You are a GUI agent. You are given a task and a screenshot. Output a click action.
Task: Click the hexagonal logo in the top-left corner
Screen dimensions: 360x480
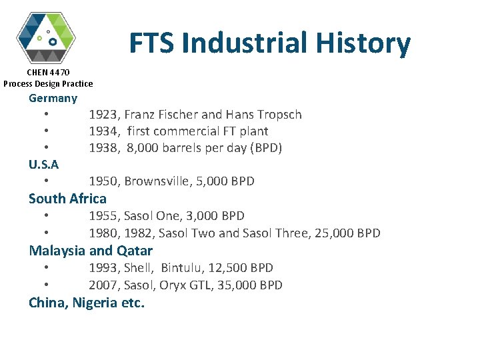pyautogui.click(x=46, y=37)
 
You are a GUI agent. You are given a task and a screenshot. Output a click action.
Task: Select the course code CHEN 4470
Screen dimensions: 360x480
pyautogui.click(x=48, y=72)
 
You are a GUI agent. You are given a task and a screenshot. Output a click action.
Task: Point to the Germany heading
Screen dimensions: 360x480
pyautogui.click(x=53, y=98)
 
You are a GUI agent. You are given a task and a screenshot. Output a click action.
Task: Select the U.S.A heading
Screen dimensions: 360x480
pyautogui.click(x=43, y=165)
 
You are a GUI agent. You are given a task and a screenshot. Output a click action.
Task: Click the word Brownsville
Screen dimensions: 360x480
pyautogui.click(x=156, y=181)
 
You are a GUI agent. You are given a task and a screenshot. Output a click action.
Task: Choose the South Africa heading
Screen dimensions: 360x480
pyautogui.click(x=67, y=199)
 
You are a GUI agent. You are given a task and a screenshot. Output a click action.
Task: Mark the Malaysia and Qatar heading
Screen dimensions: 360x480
pyautogui.click(x=91, y=251)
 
